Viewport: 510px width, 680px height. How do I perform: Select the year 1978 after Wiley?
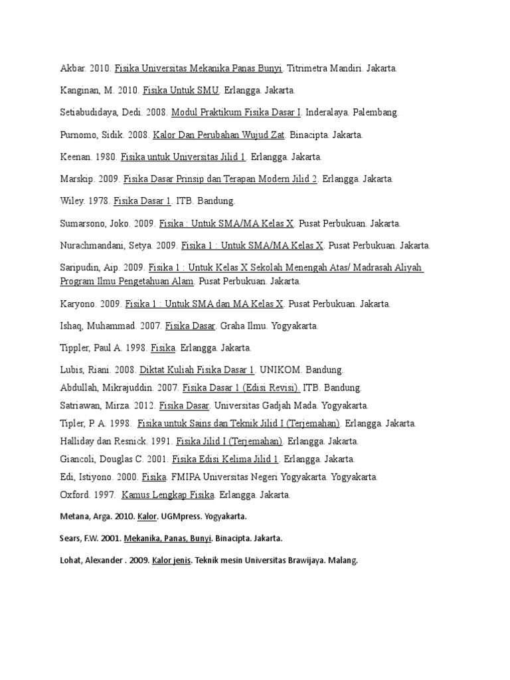click(99, 201)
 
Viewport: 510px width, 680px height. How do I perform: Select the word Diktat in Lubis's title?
click(153, 370)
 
